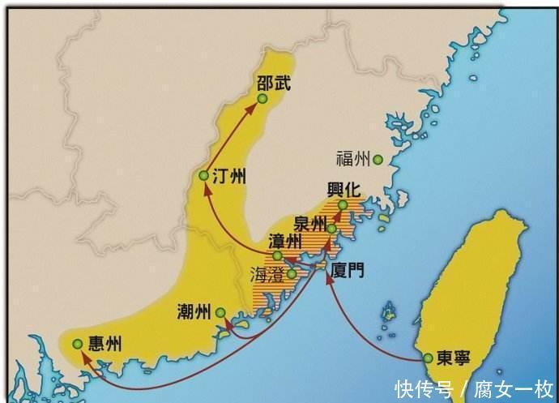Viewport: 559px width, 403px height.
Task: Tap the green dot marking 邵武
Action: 262,99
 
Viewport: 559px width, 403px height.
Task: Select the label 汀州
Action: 229,176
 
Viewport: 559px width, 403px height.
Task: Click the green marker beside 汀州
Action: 203,176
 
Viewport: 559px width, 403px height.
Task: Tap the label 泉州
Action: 311,223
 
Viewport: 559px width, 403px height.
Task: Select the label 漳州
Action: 284,241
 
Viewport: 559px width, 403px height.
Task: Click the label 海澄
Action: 266,275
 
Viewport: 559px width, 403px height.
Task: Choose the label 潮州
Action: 194,312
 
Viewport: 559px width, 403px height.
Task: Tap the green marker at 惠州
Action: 76,345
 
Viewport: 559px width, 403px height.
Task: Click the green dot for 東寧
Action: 428,358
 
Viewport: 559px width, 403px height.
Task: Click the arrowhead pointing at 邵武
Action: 253,108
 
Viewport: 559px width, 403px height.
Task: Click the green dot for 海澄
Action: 292,274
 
